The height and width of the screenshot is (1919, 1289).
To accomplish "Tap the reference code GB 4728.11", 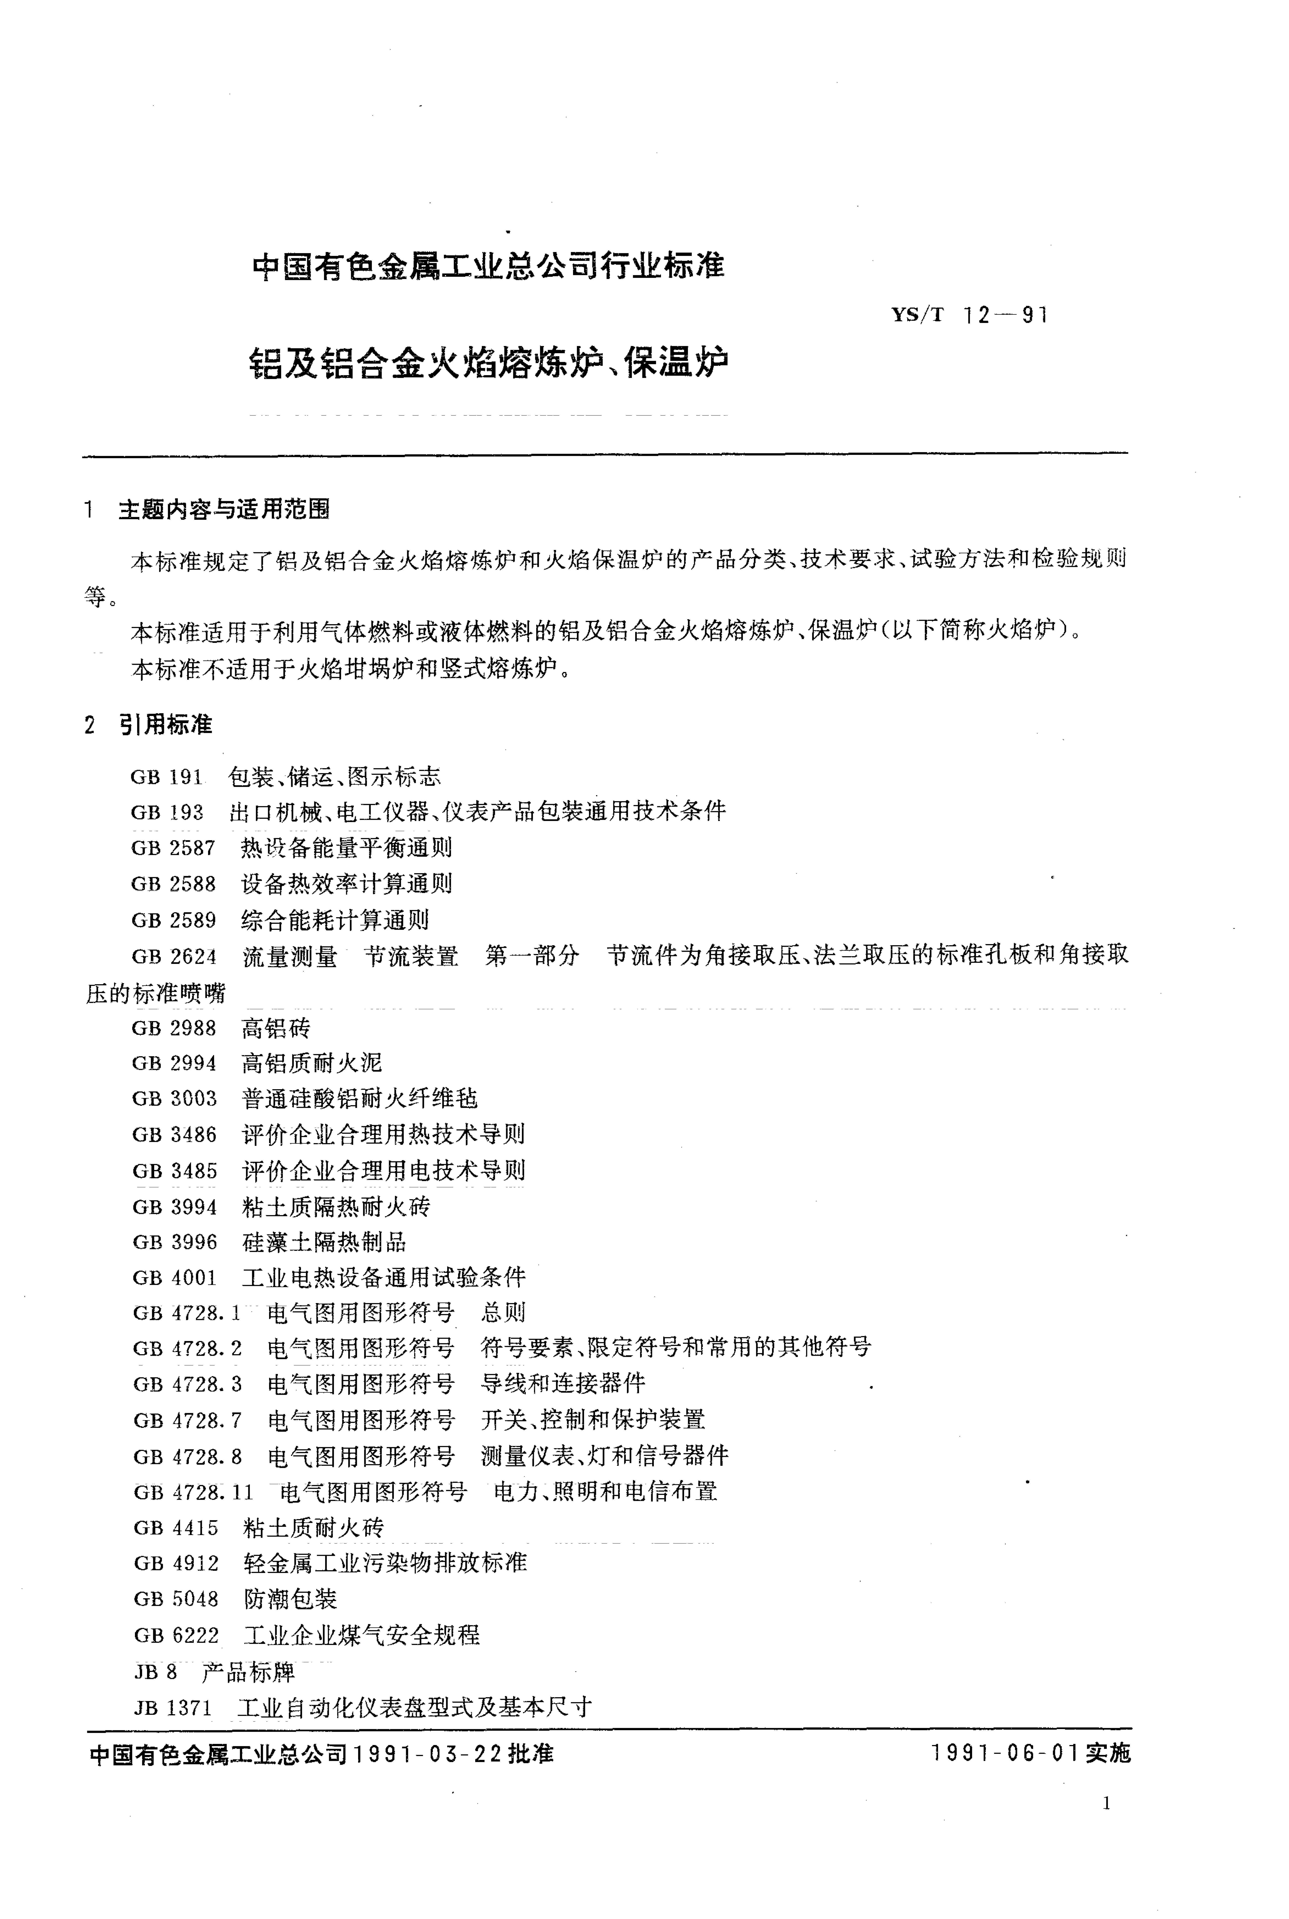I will coord(193,1492).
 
